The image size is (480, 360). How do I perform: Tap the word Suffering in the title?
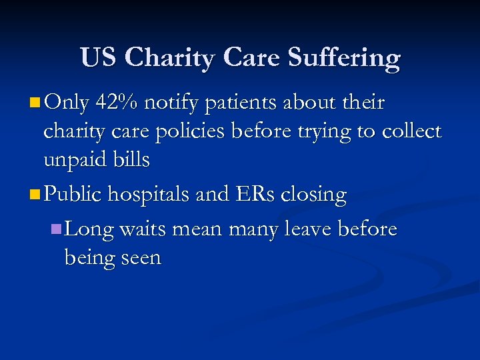(344, 58)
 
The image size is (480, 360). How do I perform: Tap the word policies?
(191, 132)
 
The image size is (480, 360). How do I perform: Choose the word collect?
(412, 131)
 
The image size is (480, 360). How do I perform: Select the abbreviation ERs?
(251, 195)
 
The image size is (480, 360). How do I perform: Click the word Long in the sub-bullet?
(89, 230)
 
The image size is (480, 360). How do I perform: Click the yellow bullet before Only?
(35, 103)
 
